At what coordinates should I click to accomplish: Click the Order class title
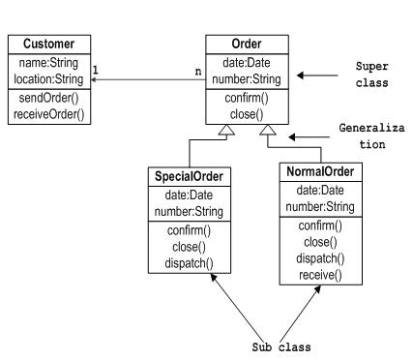pyautogui.click(x=247, y=44)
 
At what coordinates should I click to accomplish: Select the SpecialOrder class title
pyautogui.click(x=190, y=176)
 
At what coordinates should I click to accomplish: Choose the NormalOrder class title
pyautogui.click(x=318, y=171)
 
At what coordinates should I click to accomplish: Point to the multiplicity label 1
pyautogui.click(x=96, y=69)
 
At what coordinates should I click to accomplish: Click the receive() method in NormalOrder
pyautogui.click(x=318, y=275)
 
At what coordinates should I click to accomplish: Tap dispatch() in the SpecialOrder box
pyautogui.click(x=190, y=262)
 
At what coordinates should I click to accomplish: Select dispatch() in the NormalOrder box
pyautogui.click(x=318, y=258)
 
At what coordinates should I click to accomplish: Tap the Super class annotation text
pyautogui.click(x=371, y=75)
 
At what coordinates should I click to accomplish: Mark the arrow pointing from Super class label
pyautogui.click(x=314, y=75)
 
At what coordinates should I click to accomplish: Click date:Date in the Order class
pyautogui.click(x=247, y=62)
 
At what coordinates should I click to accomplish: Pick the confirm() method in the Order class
pyautogui.click(x=247, y=100)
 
